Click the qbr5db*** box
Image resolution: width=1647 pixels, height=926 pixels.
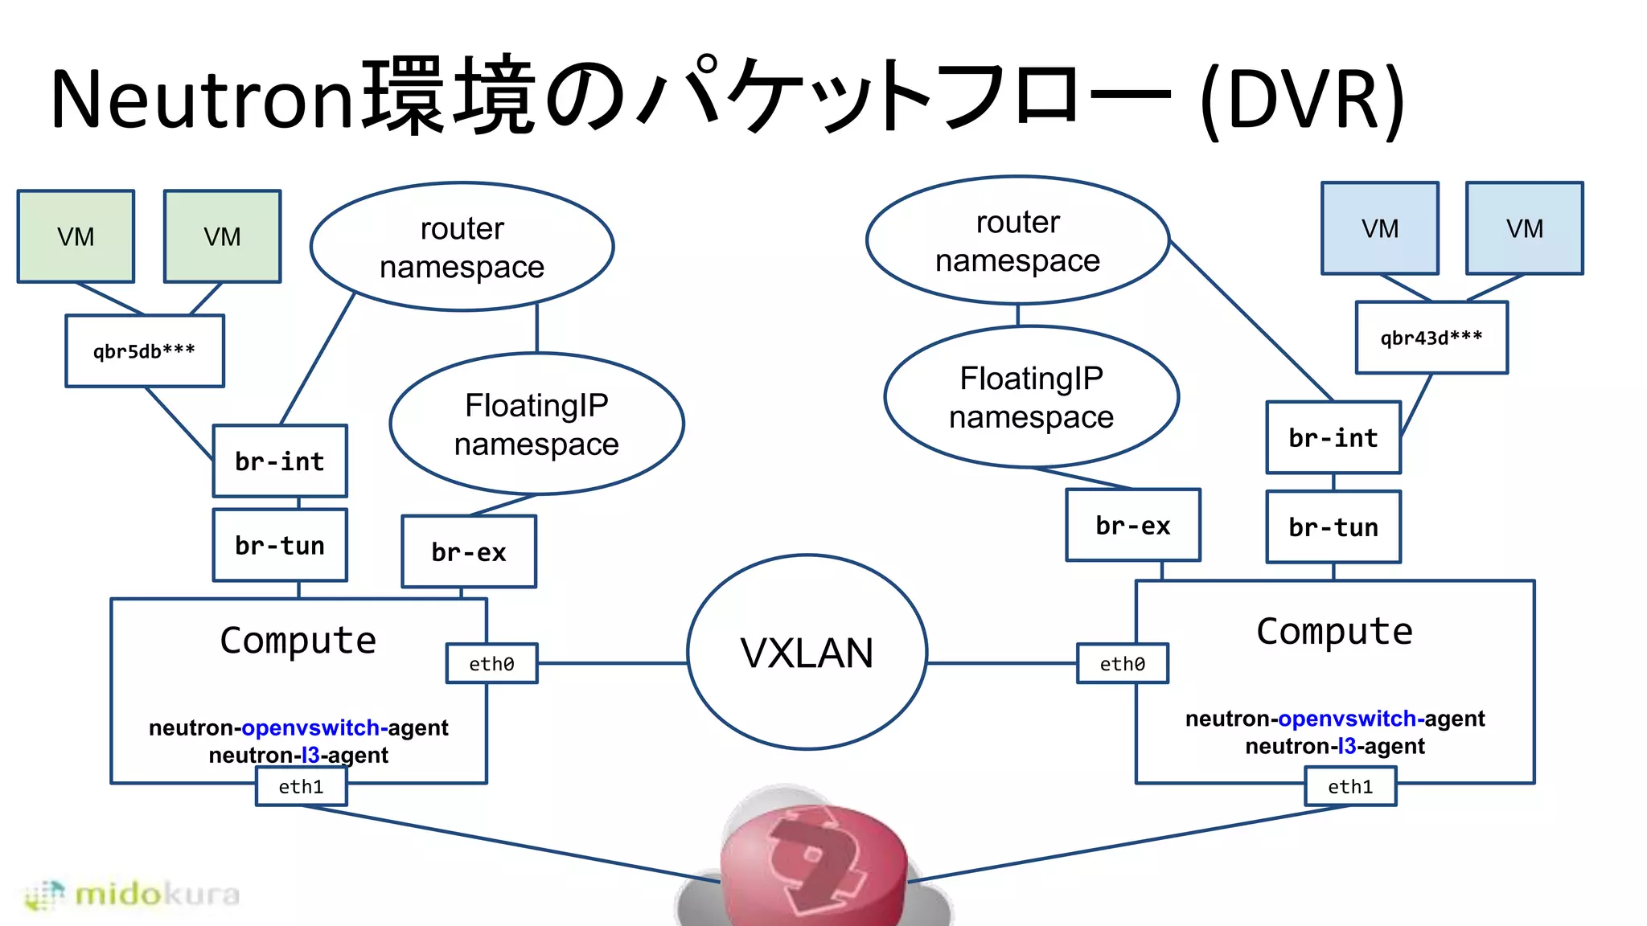click(145, 351)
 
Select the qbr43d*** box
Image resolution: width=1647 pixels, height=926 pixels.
click(1431, 338)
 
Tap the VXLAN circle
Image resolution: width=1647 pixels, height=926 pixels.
click(807, 652)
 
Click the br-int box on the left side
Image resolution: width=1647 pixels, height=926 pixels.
click(280, 461)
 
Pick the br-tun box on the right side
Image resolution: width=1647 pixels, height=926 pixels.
click(1333, 527)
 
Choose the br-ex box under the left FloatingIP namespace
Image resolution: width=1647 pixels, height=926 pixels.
click(469, 552)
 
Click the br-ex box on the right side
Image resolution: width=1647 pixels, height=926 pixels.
click(1133, 526)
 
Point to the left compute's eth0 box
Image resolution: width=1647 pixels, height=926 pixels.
click(491, 664)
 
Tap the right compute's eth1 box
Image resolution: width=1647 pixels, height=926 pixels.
click(1350, 786)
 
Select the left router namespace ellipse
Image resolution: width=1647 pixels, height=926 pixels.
click(462, 247)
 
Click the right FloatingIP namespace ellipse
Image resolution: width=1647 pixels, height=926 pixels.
click(1031, 397)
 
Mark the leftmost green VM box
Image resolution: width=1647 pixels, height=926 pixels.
click(76, 236)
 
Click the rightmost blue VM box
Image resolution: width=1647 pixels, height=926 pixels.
click(1524, 228)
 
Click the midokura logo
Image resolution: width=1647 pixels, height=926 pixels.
click(133, 894)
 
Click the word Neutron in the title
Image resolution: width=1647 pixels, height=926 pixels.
click(201, 99)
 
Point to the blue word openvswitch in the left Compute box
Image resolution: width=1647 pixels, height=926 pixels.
click(310, 727)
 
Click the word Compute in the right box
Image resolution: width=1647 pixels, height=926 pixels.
click(1334, 632)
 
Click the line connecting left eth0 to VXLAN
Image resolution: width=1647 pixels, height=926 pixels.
click(611, 663)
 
